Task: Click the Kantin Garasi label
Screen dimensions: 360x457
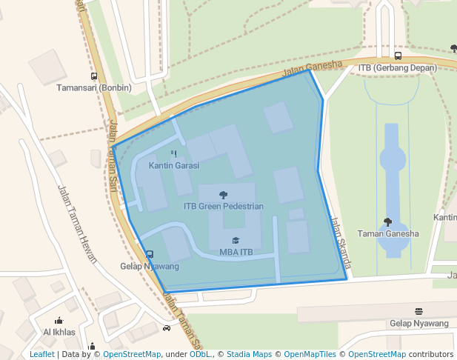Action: point(173,165)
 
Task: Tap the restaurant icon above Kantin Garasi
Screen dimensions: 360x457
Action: point(174,154)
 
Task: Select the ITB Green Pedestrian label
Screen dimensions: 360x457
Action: point(223,206)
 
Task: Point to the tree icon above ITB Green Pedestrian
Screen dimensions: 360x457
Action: point(224,195)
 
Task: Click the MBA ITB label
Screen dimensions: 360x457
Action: point(236,252)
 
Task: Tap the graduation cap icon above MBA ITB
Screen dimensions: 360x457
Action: point(236,241)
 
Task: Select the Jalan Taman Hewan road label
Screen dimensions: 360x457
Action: point(77,222)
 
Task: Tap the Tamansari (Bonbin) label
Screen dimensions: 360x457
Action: point(94,87)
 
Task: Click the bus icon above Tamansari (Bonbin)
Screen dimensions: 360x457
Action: point(94,76)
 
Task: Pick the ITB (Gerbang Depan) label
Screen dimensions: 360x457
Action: point(398,67)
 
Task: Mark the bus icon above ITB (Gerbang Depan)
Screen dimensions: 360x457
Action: point(398,56)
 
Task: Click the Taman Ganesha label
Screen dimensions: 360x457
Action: point(387,233)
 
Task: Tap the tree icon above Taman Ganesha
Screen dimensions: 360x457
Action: point(387,221)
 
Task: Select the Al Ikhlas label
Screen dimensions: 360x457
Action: point(59,332)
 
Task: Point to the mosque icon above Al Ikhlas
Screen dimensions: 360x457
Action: point(59,321)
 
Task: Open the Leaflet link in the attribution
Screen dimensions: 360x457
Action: point(41,354)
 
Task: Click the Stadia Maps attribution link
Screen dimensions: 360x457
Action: point(248,354)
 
